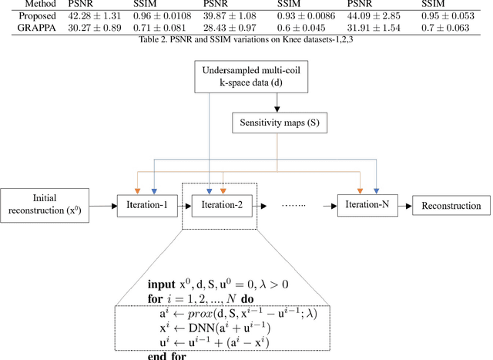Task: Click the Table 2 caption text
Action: tap(246, 41)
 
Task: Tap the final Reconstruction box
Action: tap(451, 207)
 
